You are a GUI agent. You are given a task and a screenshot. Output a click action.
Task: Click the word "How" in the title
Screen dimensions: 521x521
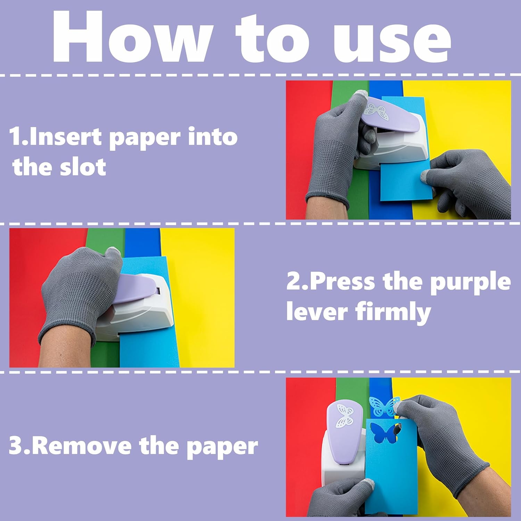132,37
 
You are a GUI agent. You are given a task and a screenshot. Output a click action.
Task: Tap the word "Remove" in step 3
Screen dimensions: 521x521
83,446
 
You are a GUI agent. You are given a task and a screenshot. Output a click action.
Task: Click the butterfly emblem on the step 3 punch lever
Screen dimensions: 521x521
345,415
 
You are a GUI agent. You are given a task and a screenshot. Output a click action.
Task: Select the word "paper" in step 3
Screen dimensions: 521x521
223,447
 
